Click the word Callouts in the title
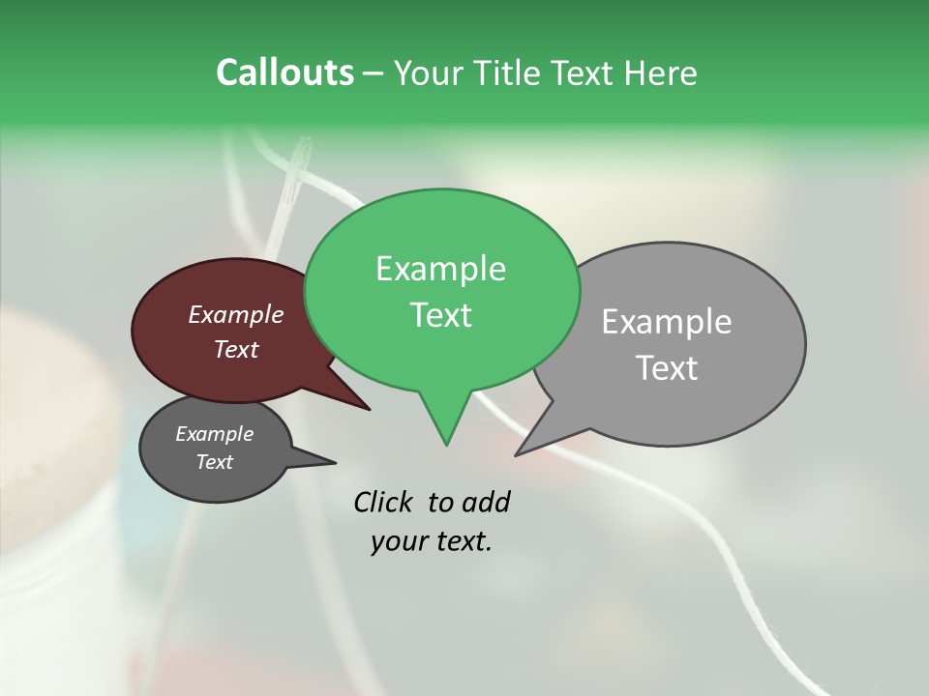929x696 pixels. click(285, 73)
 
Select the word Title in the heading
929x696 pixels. click(509, 73)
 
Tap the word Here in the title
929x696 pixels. click(662, 73)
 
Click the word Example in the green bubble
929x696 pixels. click(441, 269)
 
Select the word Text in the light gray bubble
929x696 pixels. click(668, 368)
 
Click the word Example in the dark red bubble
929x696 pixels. click(236, 314)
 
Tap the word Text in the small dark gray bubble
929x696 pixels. click(215, 462)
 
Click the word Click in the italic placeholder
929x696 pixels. click(385, 502)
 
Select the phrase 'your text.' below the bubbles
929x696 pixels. click(432, 541)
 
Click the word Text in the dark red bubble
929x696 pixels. click(236, 349)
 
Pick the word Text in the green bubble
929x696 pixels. click(441, 315)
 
